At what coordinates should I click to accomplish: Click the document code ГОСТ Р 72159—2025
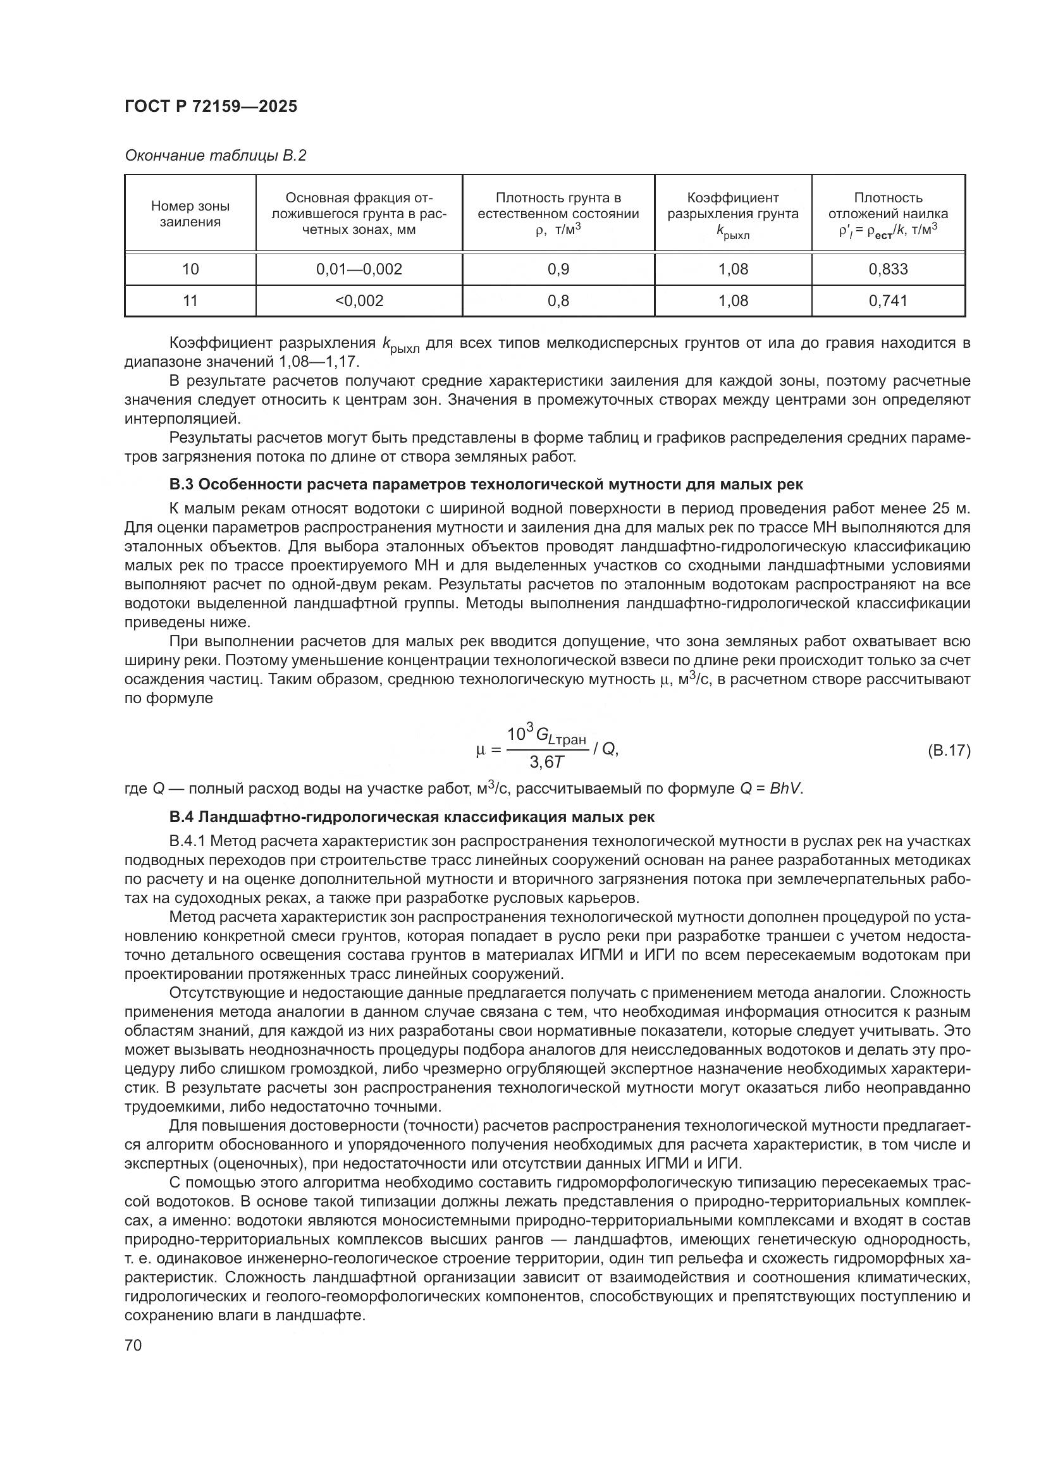coord(211,107)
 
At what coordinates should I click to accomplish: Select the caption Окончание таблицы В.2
coord(215,156)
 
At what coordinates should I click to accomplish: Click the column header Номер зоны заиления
coord(190,214)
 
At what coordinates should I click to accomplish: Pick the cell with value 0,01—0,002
coord(359,269)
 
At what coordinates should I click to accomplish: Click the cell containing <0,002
coord(359,301)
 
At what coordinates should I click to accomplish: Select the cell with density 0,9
coord(558,269)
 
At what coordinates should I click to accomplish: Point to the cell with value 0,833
coord(887,269)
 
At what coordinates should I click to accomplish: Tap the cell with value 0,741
coord(887,301)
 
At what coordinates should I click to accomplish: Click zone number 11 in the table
coord(190,301)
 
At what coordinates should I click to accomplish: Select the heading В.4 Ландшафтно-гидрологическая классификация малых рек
coord(412,818)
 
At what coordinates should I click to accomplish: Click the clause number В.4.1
coord(187,841)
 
